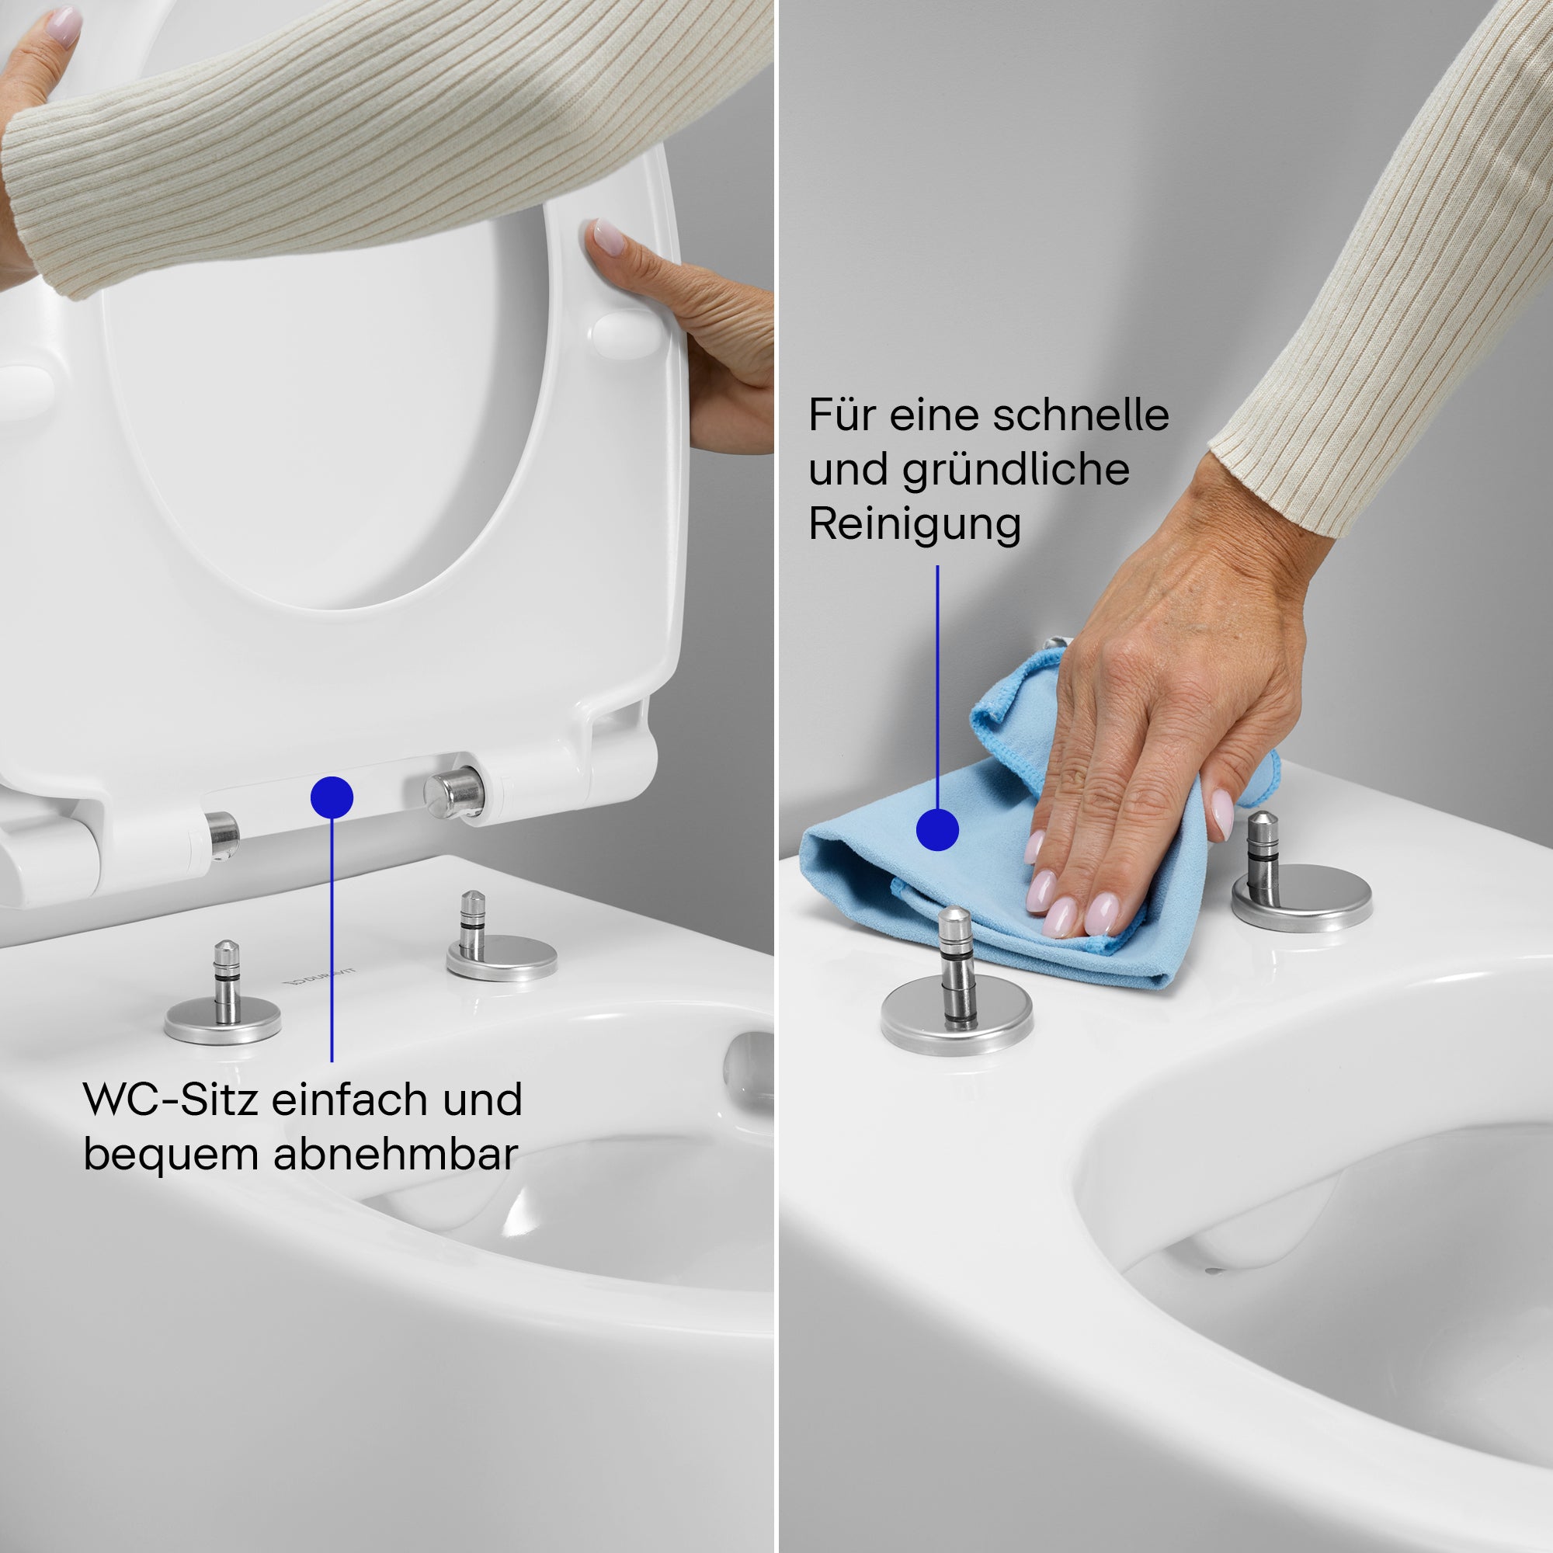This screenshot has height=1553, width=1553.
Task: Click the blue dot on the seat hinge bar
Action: click(x=332, y=797)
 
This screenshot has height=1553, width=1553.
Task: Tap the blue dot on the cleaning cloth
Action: click(x=937, y=829)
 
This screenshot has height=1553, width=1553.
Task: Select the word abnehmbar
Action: click(x=394, y=1155)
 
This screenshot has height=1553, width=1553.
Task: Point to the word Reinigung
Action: click(x=915, y=526)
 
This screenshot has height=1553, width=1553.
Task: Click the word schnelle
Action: click(x=1080, y=415)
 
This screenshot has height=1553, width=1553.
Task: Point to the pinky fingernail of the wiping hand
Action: click(x=1221, y=813)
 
